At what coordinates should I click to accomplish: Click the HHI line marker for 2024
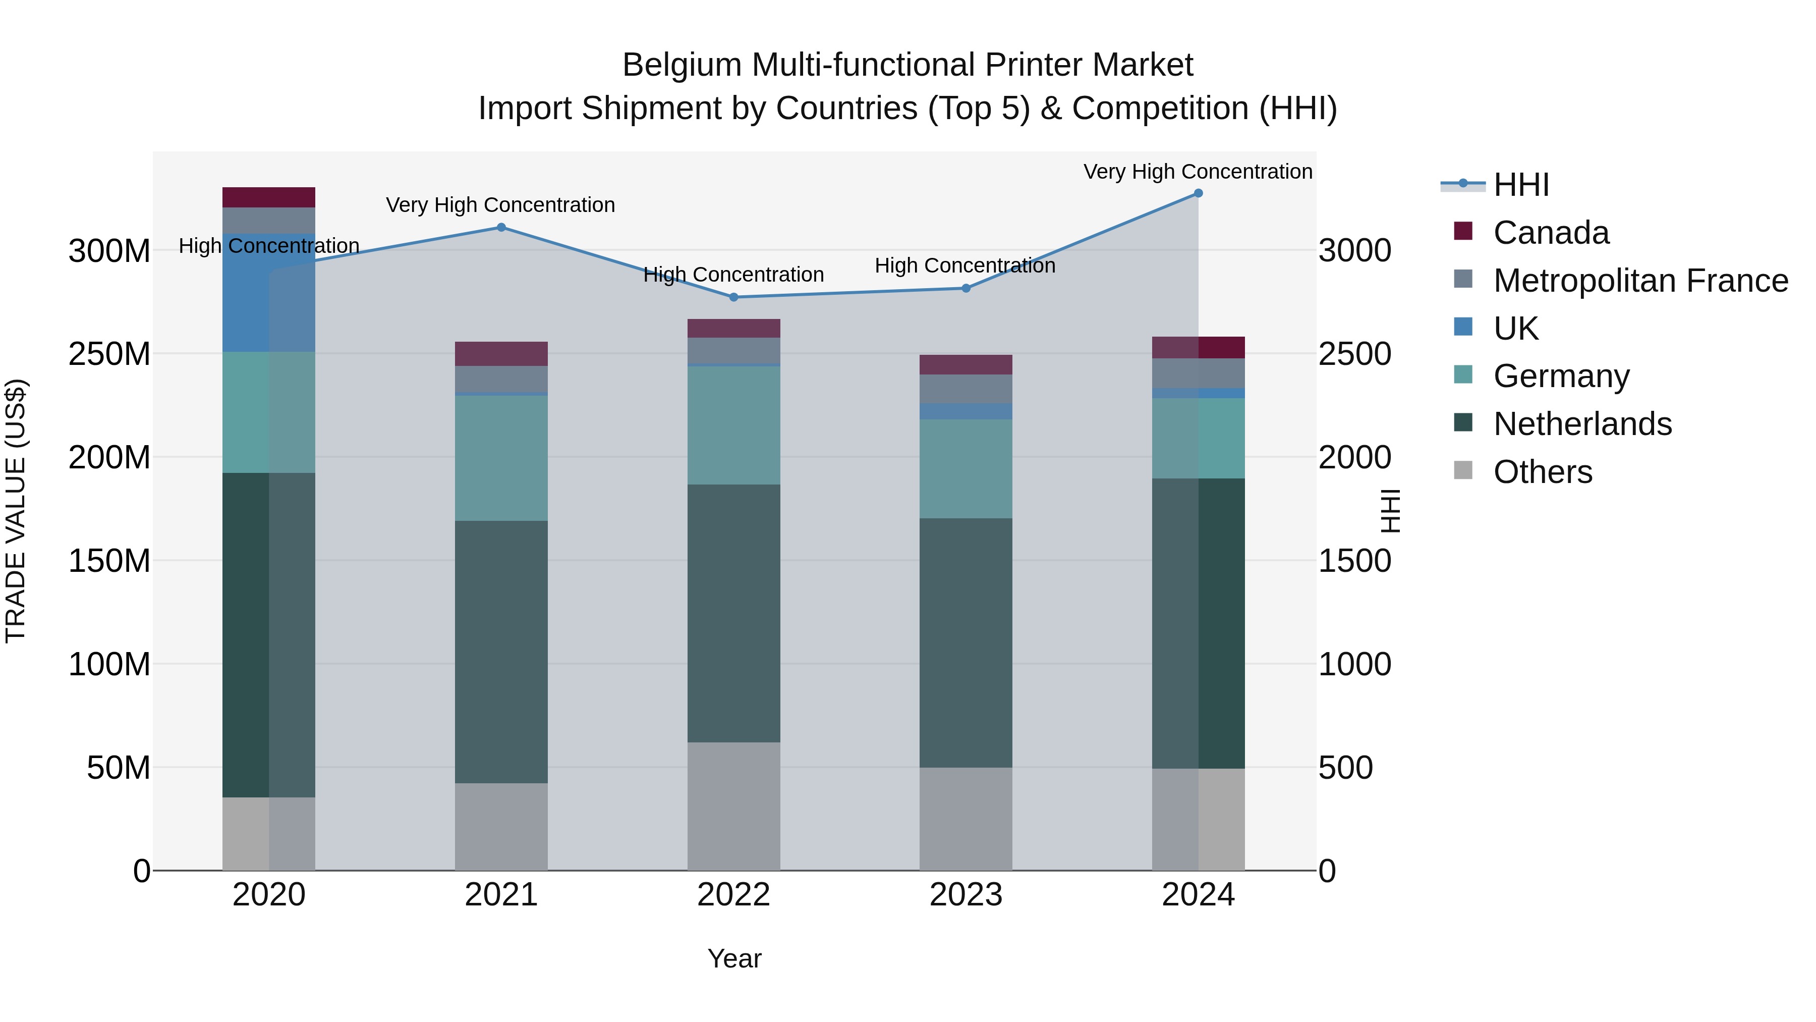click(x=1198, y=193)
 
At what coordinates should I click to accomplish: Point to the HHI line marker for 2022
click(x=733, y=297)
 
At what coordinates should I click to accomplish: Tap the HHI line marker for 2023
click(x=966, y=288)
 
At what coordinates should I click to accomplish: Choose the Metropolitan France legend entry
click(x=1640, y=281)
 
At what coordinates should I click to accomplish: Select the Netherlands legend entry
click(x=1582, y=424)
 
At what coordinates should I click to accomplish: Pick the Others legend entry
click(x=1543, y=472)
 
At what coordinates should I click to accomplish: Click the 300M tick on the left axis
click(x=109, y=251)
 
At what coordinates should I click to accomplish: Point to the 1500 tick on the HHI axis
click(x=1354, y=561)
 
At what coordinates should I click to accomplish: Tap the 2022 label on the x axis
click(x=733, y=895)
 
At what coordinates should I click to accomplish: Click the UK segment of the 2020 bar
click(x=268, y=292)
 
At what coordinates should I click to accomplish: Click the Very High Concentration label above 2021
click(x=500, y=205)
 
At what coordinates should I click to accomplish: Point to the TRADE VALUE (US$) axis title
click(x=16, y=511)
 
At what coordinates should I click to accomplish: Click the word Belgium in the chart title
click(x=682, y=65)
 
